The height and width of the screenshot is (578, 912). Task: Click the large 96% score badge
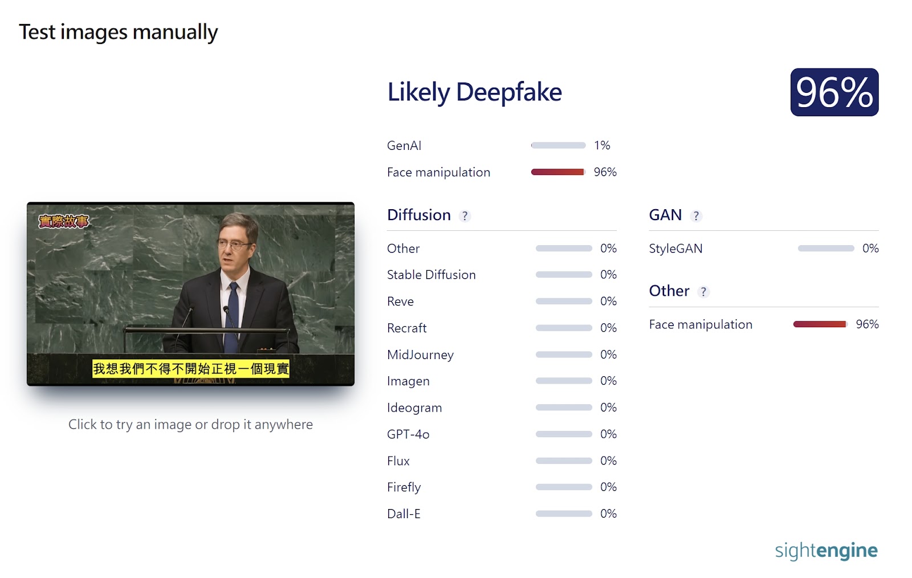tap(834, 92)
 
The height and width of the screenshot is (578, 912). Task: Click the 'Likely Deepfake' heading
tap(474, 92)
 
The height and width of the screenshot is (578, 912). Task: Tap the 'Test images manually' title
tap(119, 32)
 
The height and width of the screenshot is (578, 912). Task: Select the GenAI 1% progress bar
tap(558, 145)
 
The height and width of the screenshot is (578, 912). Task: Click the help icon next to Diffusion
tap(465, 215)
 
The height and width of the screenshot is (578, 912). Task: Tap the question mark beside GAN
tap(696, 215)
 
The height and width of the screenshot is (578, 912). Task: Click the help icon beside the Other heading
tap(703, 292)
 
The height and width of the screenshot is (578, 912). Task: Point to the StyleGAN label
tap(676, 249)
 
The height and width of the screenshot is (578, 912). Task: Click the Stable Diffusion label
tap(431, 275)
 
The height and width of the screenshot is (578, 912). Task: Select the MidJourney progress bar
tap(564, 355)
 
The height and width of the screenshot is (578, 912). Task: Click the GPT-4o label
tap(408, 434)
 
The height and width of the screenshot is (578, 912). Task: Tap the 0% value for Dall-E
tap(608, 514)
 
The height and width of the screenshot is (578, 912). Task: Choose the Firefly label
tap(404, 487)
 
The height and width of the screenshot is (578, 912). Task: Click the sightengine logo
tap(826, 551)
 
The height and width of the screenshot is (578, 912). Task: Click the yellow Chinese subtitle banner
tap(191, 369)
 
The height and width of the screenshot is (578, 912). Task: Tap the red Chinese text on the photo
tap(63, 221)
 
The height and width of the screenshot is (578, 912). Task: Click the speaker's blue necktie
tap(233, 318)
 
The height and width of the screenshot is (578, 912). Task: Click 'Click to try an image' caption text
tap(190, 425)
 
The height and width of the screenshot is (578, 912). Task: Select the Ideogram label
tap(414, 408)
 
